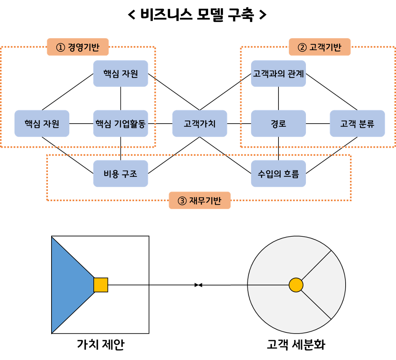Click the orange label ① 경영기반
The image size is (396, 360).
[78, 47]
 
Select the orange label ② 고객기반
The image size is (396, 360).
[320, 47]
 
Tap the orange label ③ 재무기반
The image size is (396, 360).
[199, 200]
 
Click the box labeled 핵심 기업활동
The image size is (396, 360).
[121, 123]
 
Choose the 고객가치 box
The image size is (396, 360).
[199, 123]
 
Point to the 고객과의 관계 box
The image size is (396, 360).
[278, 73]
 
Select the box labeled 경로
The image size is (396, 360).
[278, 123]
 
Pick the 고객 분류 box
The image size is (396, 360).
[357, 123]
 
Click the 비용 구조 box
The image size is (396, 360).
[121, 173]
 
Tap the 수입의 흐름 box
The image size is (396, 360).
[278, 173]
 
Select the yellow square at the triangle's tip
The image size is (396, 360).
[100, 285]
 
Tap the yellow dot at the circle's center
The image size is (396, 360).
[296, 285]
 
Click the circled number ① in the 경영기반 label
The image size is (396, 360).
[60, 48]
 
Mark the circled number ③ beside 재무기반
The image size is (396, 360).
[182, 201]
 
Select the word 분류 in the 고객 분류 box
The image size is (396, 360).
[366, 123]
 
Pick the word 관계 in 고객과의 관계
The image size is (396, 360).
[296, 73]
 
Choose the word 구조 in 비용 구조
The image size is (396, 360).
[129, 173]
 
